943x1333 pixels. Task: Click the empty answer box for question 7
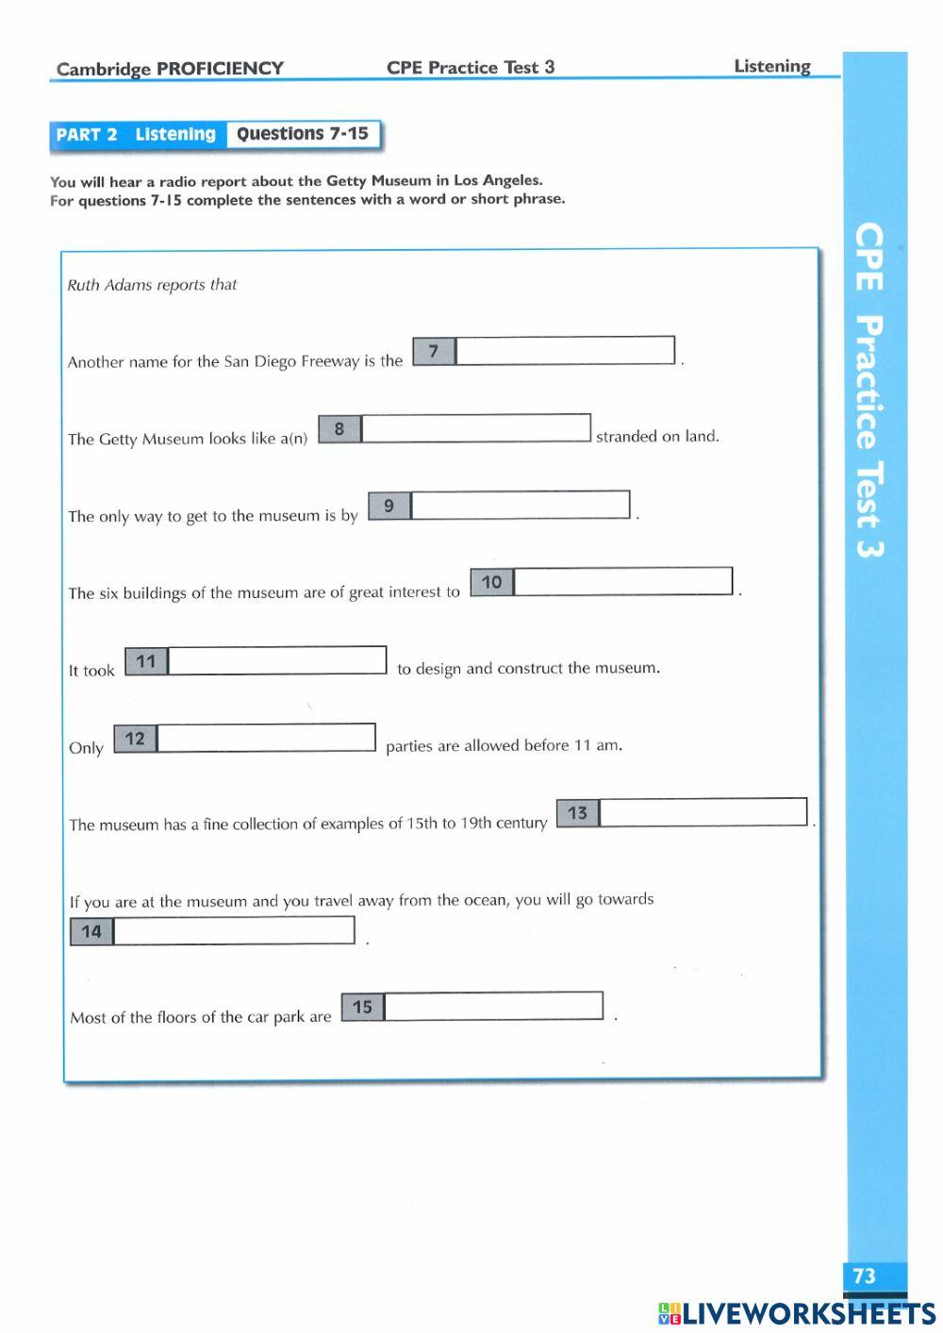[x=565, y=351]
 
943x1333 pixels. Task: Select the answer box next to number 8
[x=476, y=428]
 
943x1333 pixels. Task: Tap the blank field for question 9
[x=521, y=505]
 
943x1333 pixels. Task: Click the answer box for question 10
[x=623, y=581]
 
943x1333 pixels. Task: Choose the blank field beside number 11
[x=277, y=660]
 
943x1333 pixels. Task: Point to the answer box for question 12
[x=266, y=738]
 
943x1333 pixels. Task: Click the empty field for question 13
[x=703, y=812]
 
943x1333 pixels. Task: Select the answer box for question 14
[x=234, y=931]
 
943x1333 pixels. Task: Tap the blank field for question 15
[x=494, y=1007]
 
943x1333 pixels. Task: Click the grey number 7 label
[x=434, y=352]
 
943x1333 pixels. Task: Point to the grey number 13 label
[x=578, y=813]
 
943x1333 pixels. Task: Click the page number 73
[x=864, y=1276]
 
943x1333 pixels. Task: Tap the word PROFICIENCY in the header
[x=220, y=69]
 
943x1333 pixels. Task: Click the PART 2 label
[x=87, y=135]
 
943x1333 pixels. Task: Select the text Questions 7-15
[x=303, y=134]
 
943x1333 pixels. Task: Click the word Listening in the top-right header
[x=772, y=66]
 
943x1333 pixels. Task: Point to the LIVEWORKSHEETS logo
[x=797, y=1312]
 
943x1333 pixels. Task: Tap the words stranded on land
[x=657, y=436]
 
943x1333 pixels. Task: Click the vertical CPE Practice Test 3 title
[x=869, y=391]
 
